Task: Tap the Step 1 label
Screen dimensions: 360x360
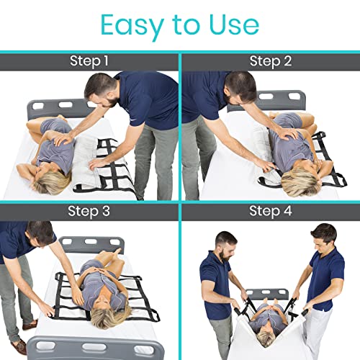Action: (90, 62)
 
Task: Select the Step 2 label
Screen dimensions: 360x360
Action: (270, 62)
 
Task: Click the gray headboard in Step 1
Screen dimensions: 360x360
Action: (54, 108)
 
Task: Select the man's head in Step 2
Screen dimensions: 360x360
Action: (242, 87)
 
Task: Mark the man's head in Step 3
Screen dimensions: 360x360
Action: (40, 234)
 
